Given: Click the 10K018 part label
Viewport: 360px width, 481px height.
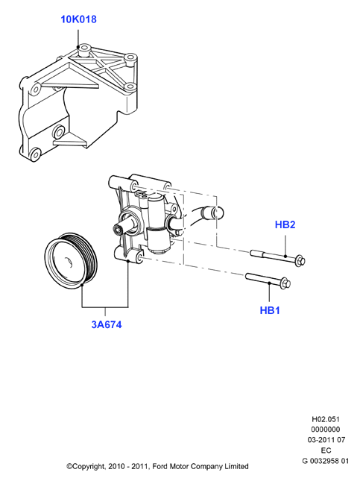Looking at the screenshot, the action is click(78, 19).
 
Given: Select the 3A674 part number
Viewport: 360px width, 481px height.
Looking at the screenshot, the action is click(107, 324).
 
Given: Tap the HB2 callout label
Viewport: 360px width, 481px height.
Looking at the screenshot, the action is click(285, 224).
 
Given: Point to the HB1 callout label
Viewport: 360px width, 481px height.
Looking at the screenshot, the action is click(270, 310).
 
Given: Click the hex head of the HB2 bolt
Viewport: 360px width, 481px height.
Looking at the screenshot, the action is click(300, 261).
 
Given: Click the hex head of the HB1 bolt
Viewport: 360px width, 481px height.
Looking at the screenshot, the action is click(285, 283).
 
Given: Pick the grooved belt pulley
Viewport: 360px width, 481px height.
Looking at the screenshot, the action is click(71, 262).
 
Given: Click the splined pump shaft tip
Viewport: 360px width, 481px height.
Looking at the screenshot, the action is click(117, 228).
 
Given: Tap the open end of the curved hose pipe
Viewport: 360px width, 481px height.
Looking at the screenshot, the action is click(218, 213).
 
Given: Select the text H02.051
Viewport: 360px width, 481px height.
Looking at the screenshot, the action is click(326, 419).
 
